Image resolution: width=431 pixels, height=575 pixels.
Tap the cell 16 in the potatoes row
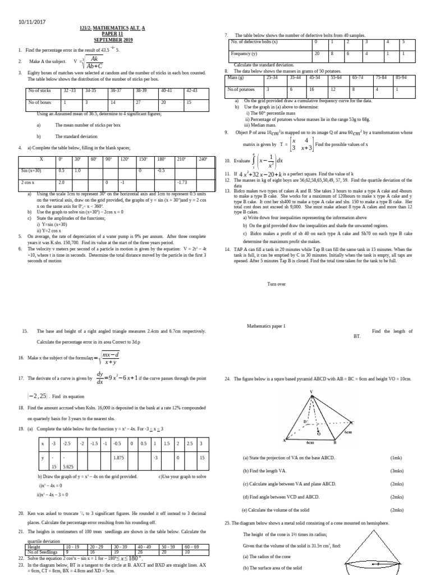[x=311, y=89]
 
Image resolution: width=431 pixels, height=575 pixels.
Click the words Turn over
[x=277, y=284]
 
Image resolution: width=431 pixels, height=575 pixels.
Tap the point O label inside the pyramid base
[x=318, y=433]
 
